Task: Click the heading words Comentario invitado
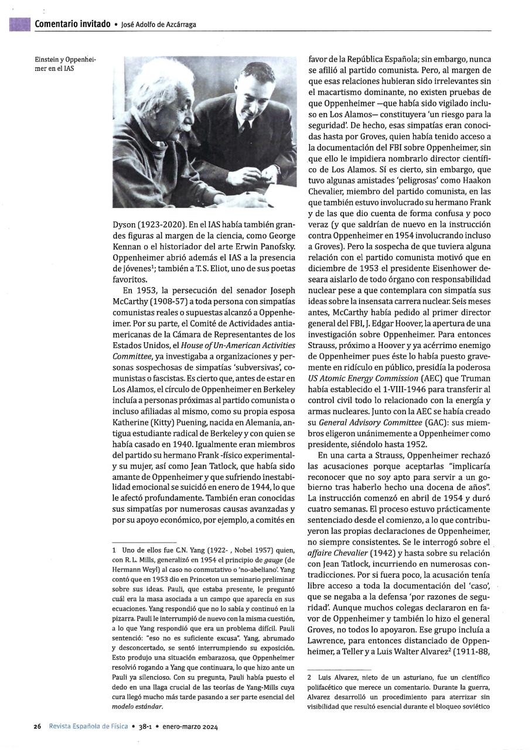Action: tap(72, 24)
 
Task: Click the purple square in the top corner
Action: tap(20, 24)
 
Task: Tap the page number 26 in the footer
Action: tap(36, 726)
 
